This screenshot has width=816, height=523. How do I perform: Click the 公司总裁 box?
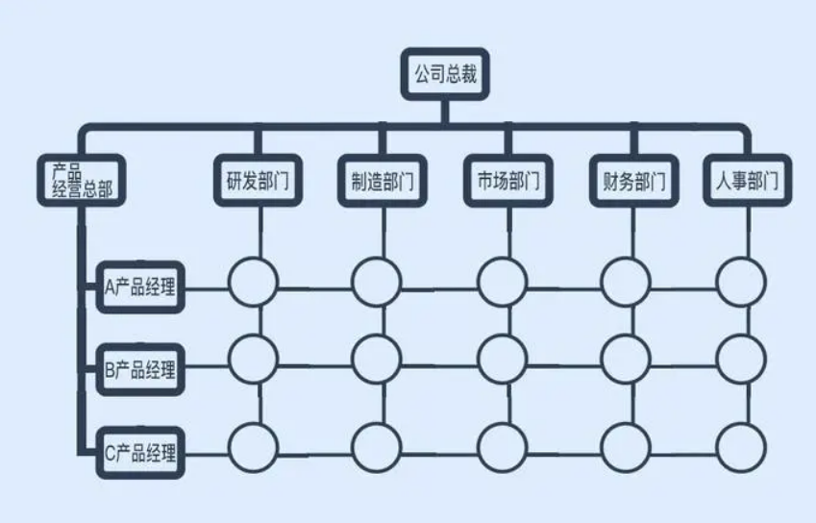(x=445, y=74)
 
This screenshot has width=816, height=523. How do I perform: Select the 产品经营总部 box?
(x=82, y=180)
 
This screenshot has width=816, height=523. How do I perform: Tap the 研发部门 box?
(x=259, y=181)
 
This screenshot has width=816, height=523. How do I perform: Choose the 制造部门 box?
(x=383, y=181)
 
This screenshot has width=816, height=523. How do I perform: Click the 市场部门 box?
(x=508, y=181)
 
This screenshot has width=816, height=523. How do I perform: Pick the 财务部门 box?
(x=633, y=181)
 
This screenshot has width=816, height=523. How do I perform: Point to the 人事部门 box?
(x=748, y=181)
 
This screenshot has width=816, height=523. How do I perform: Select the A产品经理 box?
(x=140, y=287)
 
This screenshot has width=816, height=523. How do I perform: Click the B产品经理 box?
(x=140, y=369)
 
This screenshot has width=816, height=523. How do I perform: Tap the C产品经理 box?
(x=140, y=453)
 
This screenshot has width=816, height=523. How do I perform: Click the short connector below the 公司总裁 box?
(x=445, y=112)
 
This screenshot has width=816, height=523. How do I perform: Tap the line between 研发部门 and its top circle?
(x=260, y=232)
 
